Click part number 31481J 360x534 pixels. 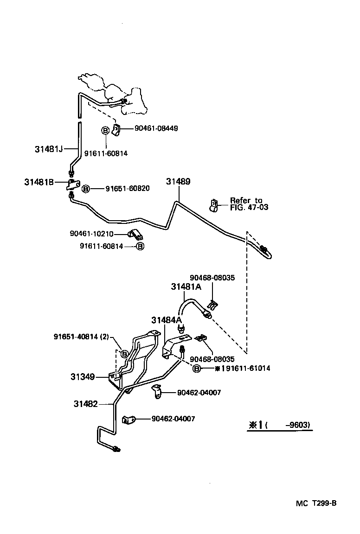pos(49,149)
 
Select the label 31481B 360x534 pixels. pos(39,182)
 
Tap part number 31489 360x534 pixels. pos(178,182)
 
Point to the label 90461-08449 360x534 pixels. pos(156,128)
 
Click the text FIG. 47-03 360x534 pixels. pos(249,207)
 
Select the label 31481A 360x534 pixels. pos(186,287)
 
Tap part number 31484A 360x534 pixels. pos(166,320)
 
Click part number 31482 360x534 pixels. pos(86,404)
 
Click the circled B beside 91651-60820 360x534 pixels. pos(86,189)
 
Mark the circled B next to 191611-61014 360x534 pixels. pos(197,369)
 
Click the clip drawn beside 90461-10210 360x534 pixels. pos(135,234)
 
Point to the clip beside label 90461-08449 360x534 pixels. pos(117,130)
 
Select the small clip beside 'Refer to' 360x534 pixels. pos(214,204)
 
